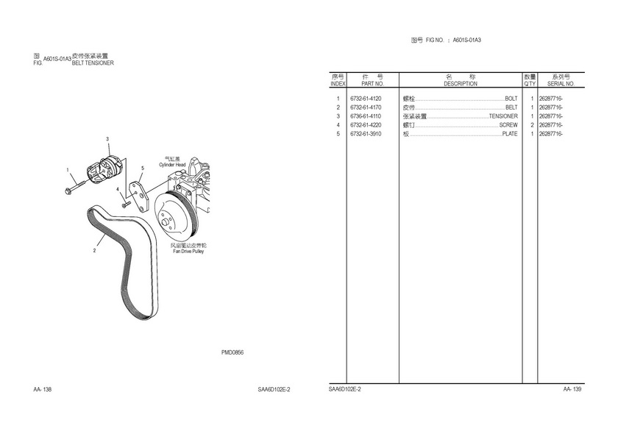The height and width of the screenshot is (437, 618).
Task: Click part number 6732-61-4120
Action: point(366,99)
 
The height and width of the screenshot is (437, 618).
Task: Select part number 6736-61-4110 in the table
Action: point(366,116)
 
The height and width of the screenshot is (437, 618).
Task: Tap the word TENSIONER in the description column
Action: point(503,116)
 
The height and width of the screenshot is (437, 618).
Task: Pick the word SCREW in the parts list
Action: point(508,125)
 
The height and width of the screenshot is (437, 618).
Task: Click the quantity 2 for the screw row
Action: point(531,125)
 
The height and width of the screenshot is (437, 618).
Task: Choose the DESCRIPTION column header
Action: point(461,84)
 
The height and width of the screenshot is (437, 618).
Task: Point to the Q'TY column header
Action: point(530,84)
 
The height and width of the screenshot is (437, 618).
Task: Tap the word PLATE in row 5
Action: point(510,134)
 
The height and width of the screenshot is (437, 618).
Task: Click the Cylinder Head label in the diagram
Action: point(172,165)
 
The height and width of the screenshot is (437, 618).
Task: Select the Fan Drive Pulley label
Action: point(188,251)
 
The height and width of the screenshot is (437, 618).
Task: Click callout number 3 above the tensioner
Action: point(107,139)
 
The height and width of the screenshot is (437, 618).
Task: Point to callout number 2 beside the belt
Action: point(94,251)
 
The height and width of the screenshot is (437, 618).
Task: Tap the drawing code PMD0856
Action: point(232,352)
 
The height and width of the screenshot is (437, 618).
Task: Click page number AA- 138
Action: point(43,389)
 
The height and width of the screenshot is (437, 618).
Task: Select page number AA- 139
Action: point(572,389)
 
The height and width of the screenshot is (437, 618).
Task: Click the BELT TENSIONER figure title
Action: point(93,63)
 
